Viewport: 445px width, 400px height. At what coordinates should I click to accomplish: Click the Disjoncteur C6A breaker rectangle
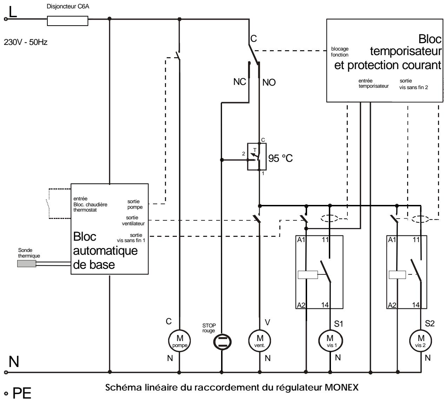(67, 21)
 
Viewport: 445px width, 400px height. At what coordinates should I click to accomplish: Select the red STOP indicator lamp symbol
(222, 342)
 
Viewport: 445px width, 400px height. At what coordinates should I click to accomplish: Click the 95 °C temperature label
(280, 158)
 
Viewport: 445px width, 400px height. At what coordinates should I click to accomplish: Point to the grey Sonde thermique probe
(27, 264)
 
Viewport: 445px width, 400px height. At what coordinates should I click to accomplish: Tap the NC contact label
(240, 82)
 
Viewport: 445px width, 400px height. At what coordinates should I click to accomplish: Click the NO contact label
(269, 82)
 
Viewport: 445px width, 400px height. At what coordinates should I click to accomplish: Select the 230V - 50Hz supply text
(26, 42)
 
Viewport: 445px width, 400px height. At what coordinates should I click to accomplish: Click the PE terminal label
(22, 393)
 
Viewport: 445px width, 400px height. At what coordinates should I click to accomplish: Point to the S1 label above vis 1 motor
(339, 324)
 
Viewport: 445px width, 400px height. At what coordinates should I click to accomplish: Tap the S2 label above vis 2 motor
(430, 324)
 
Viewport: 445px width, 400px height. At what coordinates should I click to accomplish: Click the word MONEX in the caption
(341, 387)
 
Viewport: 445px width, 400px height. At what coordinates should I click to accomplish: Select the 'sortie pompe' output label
(135, 204)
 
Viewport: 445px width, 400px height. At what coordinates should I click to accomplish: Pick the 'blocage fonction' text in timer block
(340, 52)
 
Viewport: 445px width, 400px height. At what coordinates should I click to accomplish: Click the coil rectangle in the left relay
(308, 275)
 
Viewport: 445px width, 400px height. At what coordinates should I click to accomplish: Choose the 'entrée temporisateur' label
(373, 84)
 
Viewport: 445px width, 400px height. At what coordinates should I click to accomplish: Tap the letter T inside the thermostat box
(255, 150)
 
